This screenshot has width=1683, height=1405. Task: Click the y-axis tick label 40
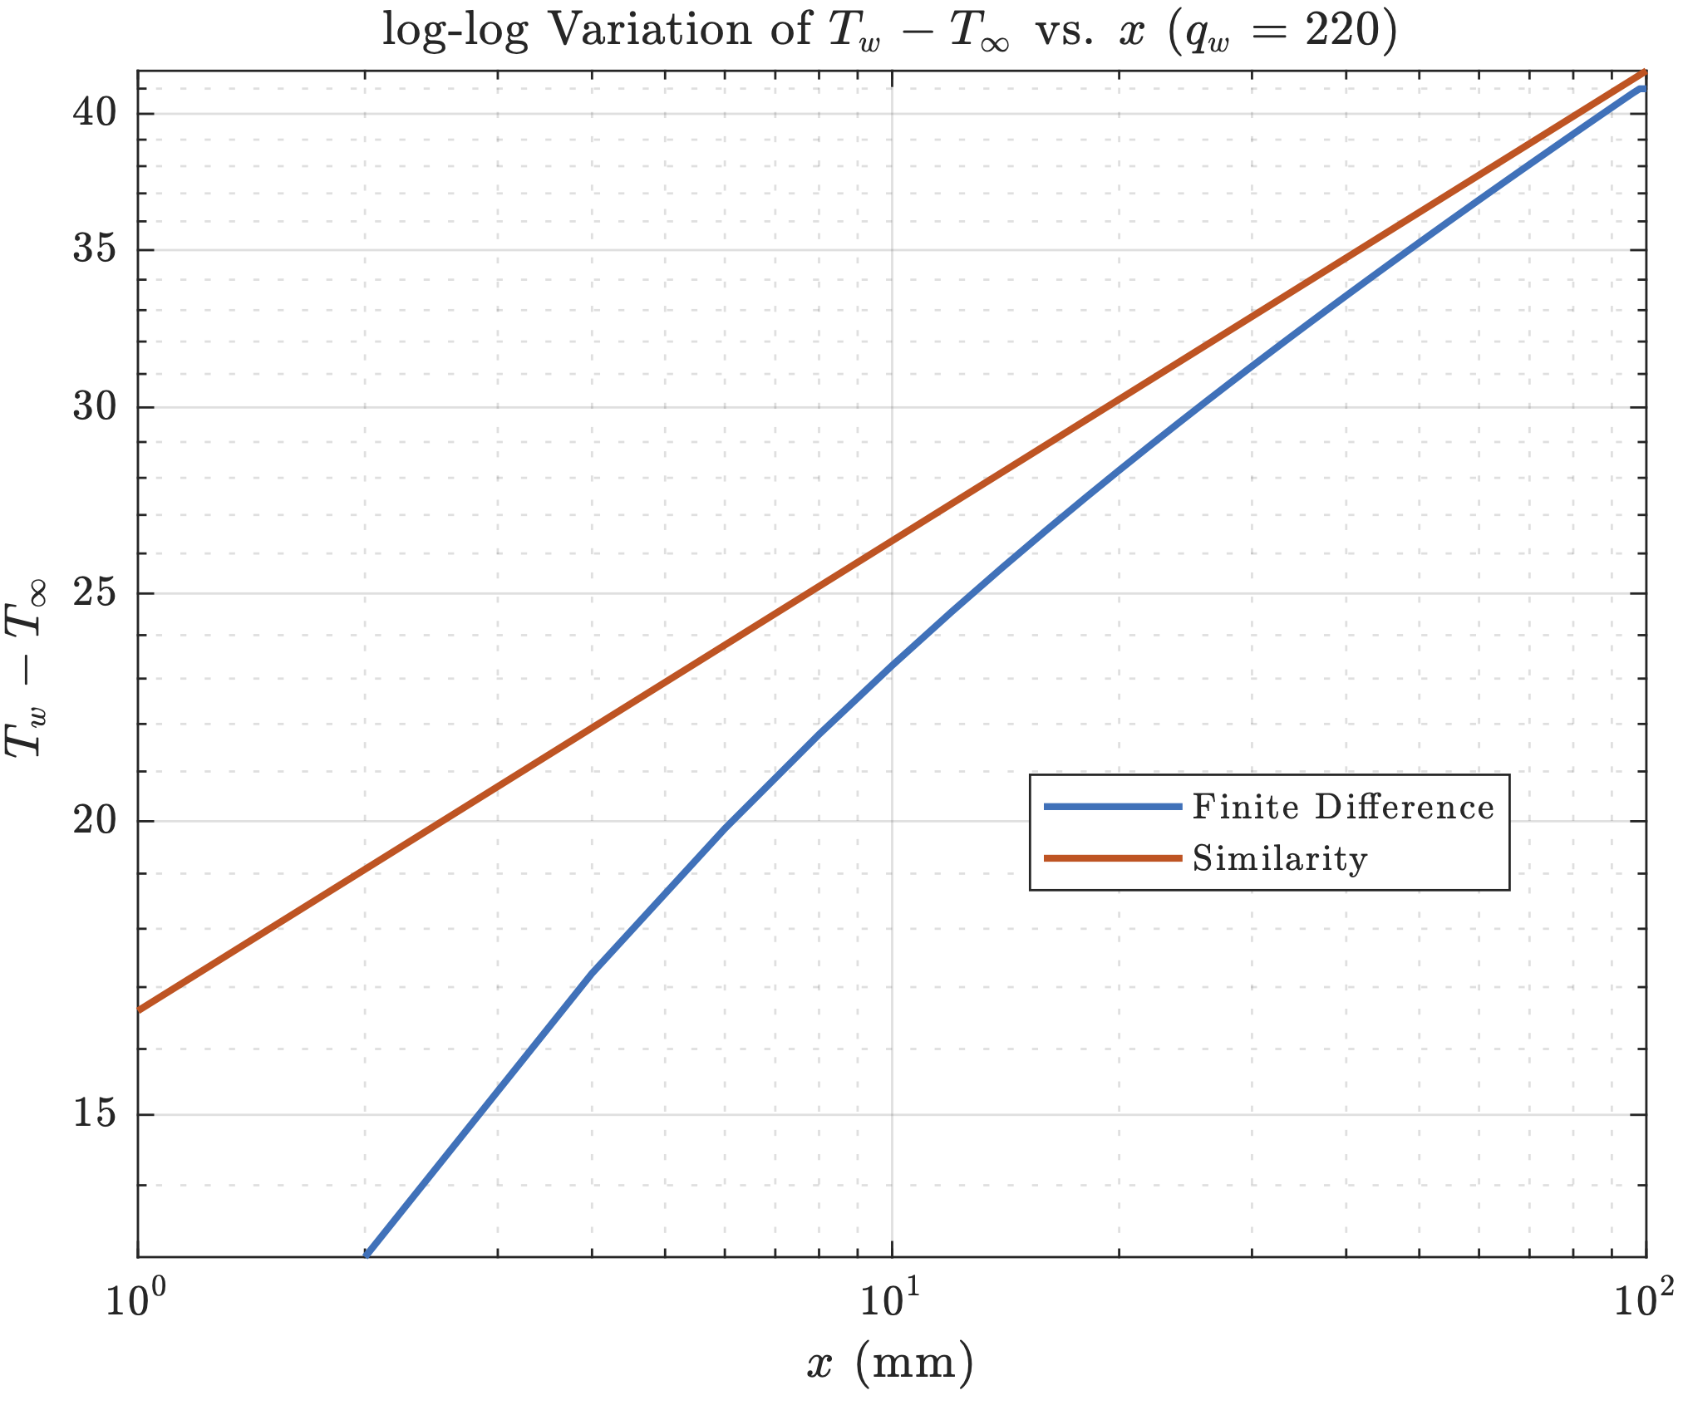[95, 113]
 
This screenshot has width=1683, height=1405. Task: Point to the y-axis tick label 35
[95, 248]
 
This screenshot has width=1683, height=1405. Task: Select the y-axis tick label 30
[95, 407]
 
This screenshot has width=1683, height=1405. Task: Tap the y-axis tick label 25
[95, 593]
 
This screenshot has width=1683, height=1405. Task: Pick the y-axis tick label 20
[95, 821]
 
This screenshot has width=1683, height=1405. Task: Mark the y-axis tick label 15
[95, 1114]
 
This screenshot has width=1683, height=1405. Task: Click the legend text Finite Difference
[1343, 807]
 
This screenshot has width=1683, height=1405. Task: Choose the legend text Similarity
[1280, 858]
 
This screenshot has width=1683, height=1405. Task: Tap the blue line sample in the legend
[1113, 806]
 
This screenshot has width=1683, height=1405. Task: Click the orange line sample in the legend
[1113, 857]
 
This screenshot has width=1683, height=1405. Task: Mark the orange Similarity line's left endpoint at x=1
[139, 1010]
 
